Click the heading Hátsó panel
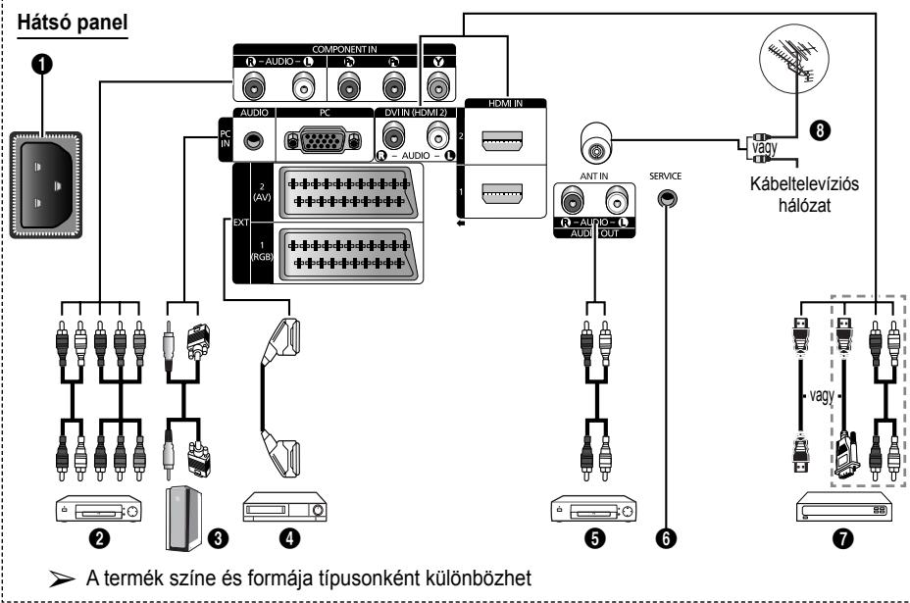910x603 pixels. [x=72, y=23]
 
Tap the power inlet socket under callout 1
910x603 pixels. [x=46, y=184]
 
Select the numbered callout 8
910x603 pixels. [x=820, y=130]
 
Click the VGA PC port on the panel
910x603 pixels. [x=324, y=140]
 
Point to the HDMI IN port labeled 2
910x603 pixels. [x=502, y=141]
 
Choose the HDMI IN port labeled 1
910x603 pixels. [x=502, y=193]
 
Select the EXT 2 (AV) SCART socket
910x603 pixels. [x=347, y=193]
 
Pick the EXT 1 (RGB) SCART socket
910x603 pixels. [x=347, y=255]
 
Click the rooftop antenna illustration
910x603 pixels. [x=794, y=58]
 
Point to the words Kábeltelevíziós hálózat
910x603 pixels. [x=804, y=194]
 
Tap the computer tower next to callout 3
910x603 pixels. [x=184, y=519]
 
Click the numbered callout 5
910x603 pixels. [x=595, y=538]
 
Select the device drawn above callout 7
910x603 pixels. [x=843, y=507]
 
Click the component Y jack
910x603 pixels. [x=439, y=87]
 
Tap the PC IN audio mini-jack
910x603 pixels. [x=253, y=141]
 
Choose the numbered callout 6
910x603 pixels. [x=666, y=538]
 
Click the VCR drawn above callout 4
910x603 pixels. [x=284, y=507]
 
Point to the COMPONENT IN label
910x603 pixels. [x=344, y=49]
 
